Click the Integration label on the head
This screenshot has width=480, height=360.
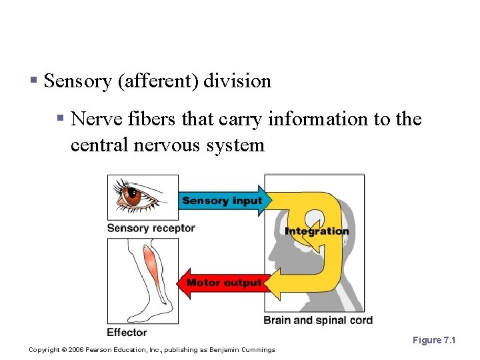pyautogui.click(x=317, y=231)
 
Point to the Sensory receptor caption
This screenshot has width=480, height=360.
pyautogui.click(x=151, y=228)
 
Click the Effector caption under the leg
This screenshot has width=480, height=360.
pyautogui.click(x=127, y=332)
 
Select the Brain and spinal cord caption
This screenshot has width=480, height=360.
pyautogui.click(x=318, y=320)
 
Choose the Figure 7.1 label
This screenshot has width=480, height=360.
pyautogui.click(x=433, y=340)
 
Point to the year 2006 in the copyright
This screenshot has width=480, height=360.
pyautogui.click(x=79, y=349)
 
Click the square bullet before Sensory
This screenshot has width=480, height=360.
pyautogui.click(x=33, y=82)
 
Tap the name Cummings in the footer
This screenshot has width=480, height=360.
pyautogui.click(x=257, y=349)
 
